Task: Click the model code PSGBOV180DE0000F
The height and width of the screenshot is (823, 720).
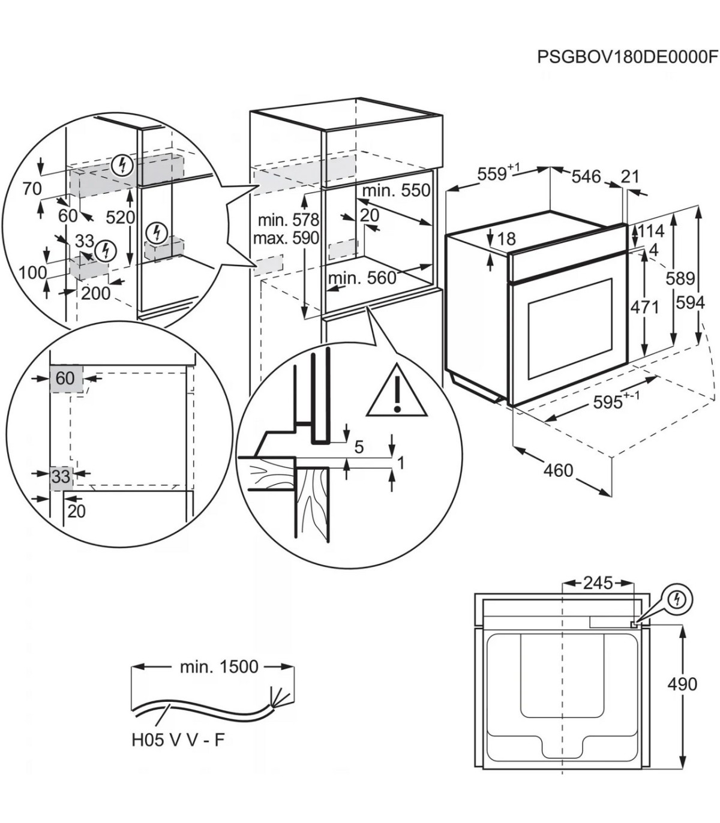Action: [627, 57]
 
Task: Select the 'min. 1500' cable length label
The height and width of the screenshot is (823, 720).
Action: [219, 666]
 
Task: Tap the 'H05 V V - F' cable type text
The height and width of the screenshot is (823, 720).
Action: [178, 740]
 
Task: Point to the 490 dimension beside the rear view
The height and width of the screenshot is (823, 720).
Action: [683, 684]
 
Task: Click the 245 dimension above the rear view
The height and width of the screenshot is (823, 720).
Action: [598, 582]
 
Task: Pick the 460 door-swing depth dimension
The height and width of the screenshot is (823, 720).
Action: [558, 471]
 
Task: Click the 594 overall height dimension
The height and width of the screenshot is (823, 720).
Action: [689, 303]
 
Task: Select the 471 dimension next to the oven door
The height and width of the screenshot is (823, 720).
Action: [645, 307]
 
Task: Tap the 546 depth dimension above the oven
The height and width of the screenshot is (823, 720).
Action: [586, 176]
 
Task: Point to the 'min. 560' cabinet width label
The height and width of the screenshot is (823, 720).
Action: [362, 278]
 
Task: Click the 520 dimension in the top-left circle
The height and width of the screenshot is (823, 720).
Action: [121, 217]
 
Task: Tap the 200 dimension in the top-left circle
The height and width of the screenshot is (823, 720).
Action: [95, 293]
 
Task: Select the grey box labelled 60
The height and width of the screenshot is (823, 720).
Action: [65, 378]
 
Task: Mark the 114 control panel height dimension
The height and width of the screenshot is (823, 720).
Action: [650, 231]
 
